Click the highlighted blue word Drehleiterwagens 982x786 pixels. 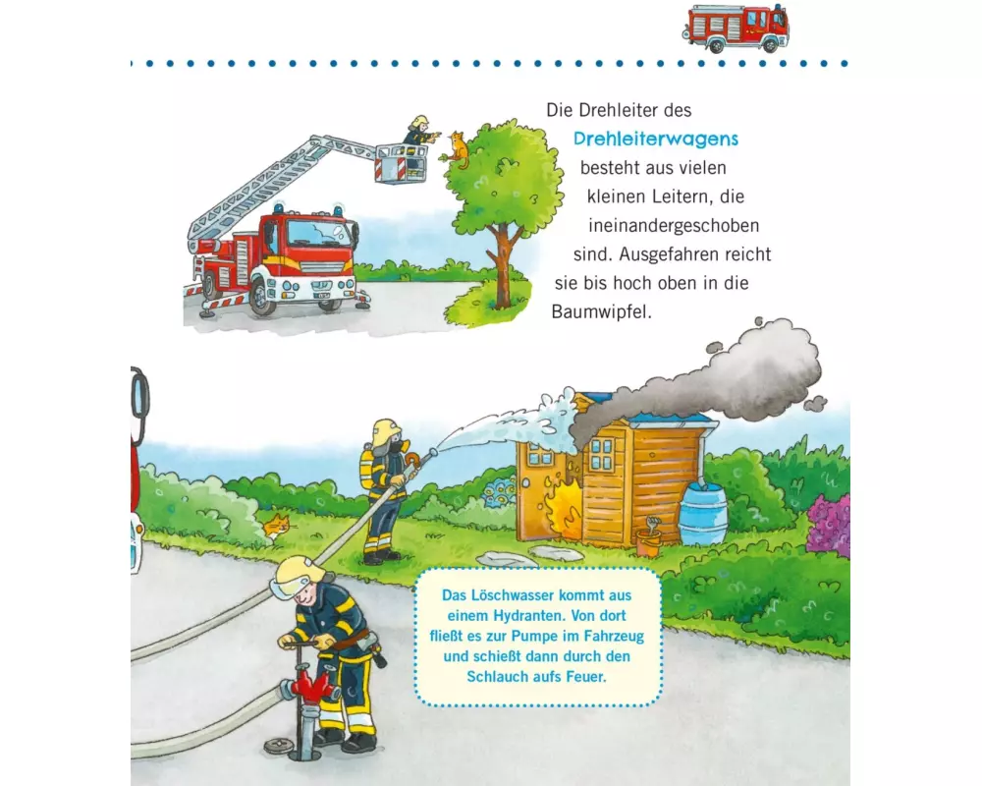click(x=656, y=140)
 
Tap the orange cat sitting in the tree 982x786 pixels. click(x=458, y=150)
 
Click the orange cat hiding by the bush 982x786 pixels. click(x=278, y=527)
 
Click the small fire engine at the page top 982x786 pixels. click(x=736, y=28)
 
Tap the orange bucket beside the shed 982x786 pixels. click(x=648, y=541)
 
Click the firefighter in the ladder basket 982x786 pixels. click(x=418, y=132)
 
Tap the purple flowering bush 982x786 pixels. click(x=830, y=525)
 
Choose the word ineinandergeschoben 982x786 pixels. click(x=674, y=226)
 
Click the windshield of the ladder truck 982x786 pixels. click(x=319, y=233)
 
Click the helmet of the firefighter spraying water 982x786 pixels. click(x=386, y=432)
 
